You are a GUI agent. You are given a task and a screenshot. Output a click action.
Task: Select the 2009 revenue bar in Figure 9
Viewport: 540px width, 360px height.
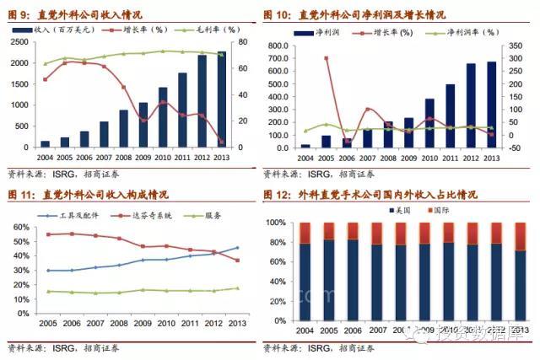pyautogui.click(x=143, y=126)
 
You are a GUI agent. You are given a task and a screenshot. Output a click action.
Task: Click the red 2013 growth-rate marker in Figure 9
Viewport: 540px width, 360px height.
pyautogui.click(x=222, y=141)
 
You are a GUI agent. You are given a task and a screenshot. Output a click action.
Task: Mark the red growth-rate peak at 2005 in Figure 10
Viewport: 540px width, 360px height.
pyautogui.click(x=326, y=58)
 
